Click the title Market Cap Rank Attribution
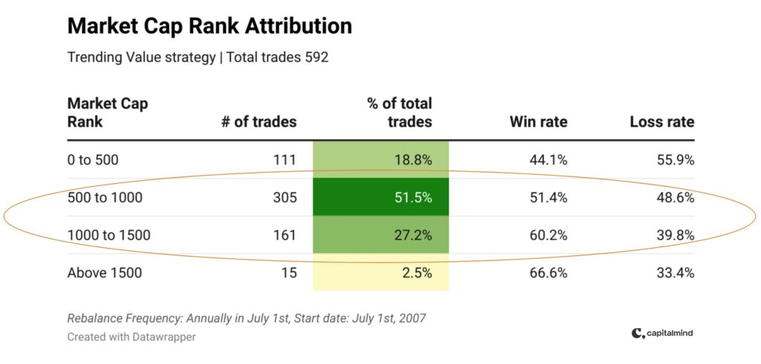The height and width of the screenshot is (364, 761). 210,26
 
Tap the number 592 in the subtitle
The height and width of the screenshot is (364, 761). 316,57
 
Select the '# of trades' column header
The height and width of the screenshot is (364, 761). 259,121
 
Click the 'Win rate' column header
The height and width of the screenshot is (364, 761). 538,121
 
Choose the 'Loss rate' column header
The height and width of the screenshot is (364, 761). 662,121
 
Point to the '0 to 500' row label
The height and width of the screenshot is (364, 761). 93,160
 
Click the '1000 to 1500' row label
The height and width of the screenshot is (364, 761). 109,235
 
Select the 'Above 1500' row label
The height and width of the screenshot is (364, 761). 104,272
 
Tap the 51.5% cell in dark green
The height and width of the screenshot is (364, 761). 380,197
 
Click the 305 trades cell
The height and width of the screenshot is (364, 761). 285,198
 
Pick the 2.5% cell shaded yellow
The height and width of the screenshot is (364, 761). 380,272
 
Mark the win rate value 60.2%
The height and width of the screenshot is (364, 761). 548,235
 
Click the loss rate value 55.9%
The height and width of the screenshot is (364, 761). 675,160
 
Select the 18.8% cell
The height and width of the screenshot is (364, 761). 380,160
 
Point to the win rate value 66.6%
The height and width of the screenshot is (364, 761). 548,272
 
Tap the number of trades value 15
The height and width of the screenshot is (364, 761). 289,272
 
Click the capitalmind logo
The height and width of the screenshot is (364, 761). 662,333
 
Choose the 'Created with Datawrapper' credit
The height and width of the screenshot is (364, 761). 131,336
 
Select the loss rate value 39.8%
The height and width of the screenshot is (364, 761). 675,235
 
